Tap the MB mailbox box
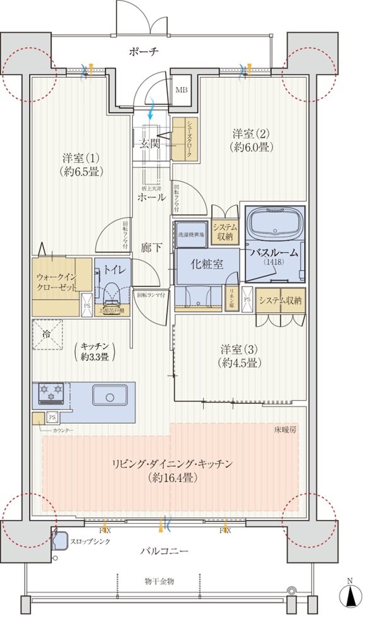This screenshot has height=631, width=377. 181,89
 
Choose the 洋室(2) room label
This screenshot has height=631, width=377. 251,140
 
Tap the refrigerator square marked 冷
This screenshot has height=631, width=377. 47,334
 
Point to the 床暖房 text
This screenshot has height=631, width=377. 285,429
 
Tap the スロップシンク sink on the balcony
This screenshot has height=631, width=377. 61,540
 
